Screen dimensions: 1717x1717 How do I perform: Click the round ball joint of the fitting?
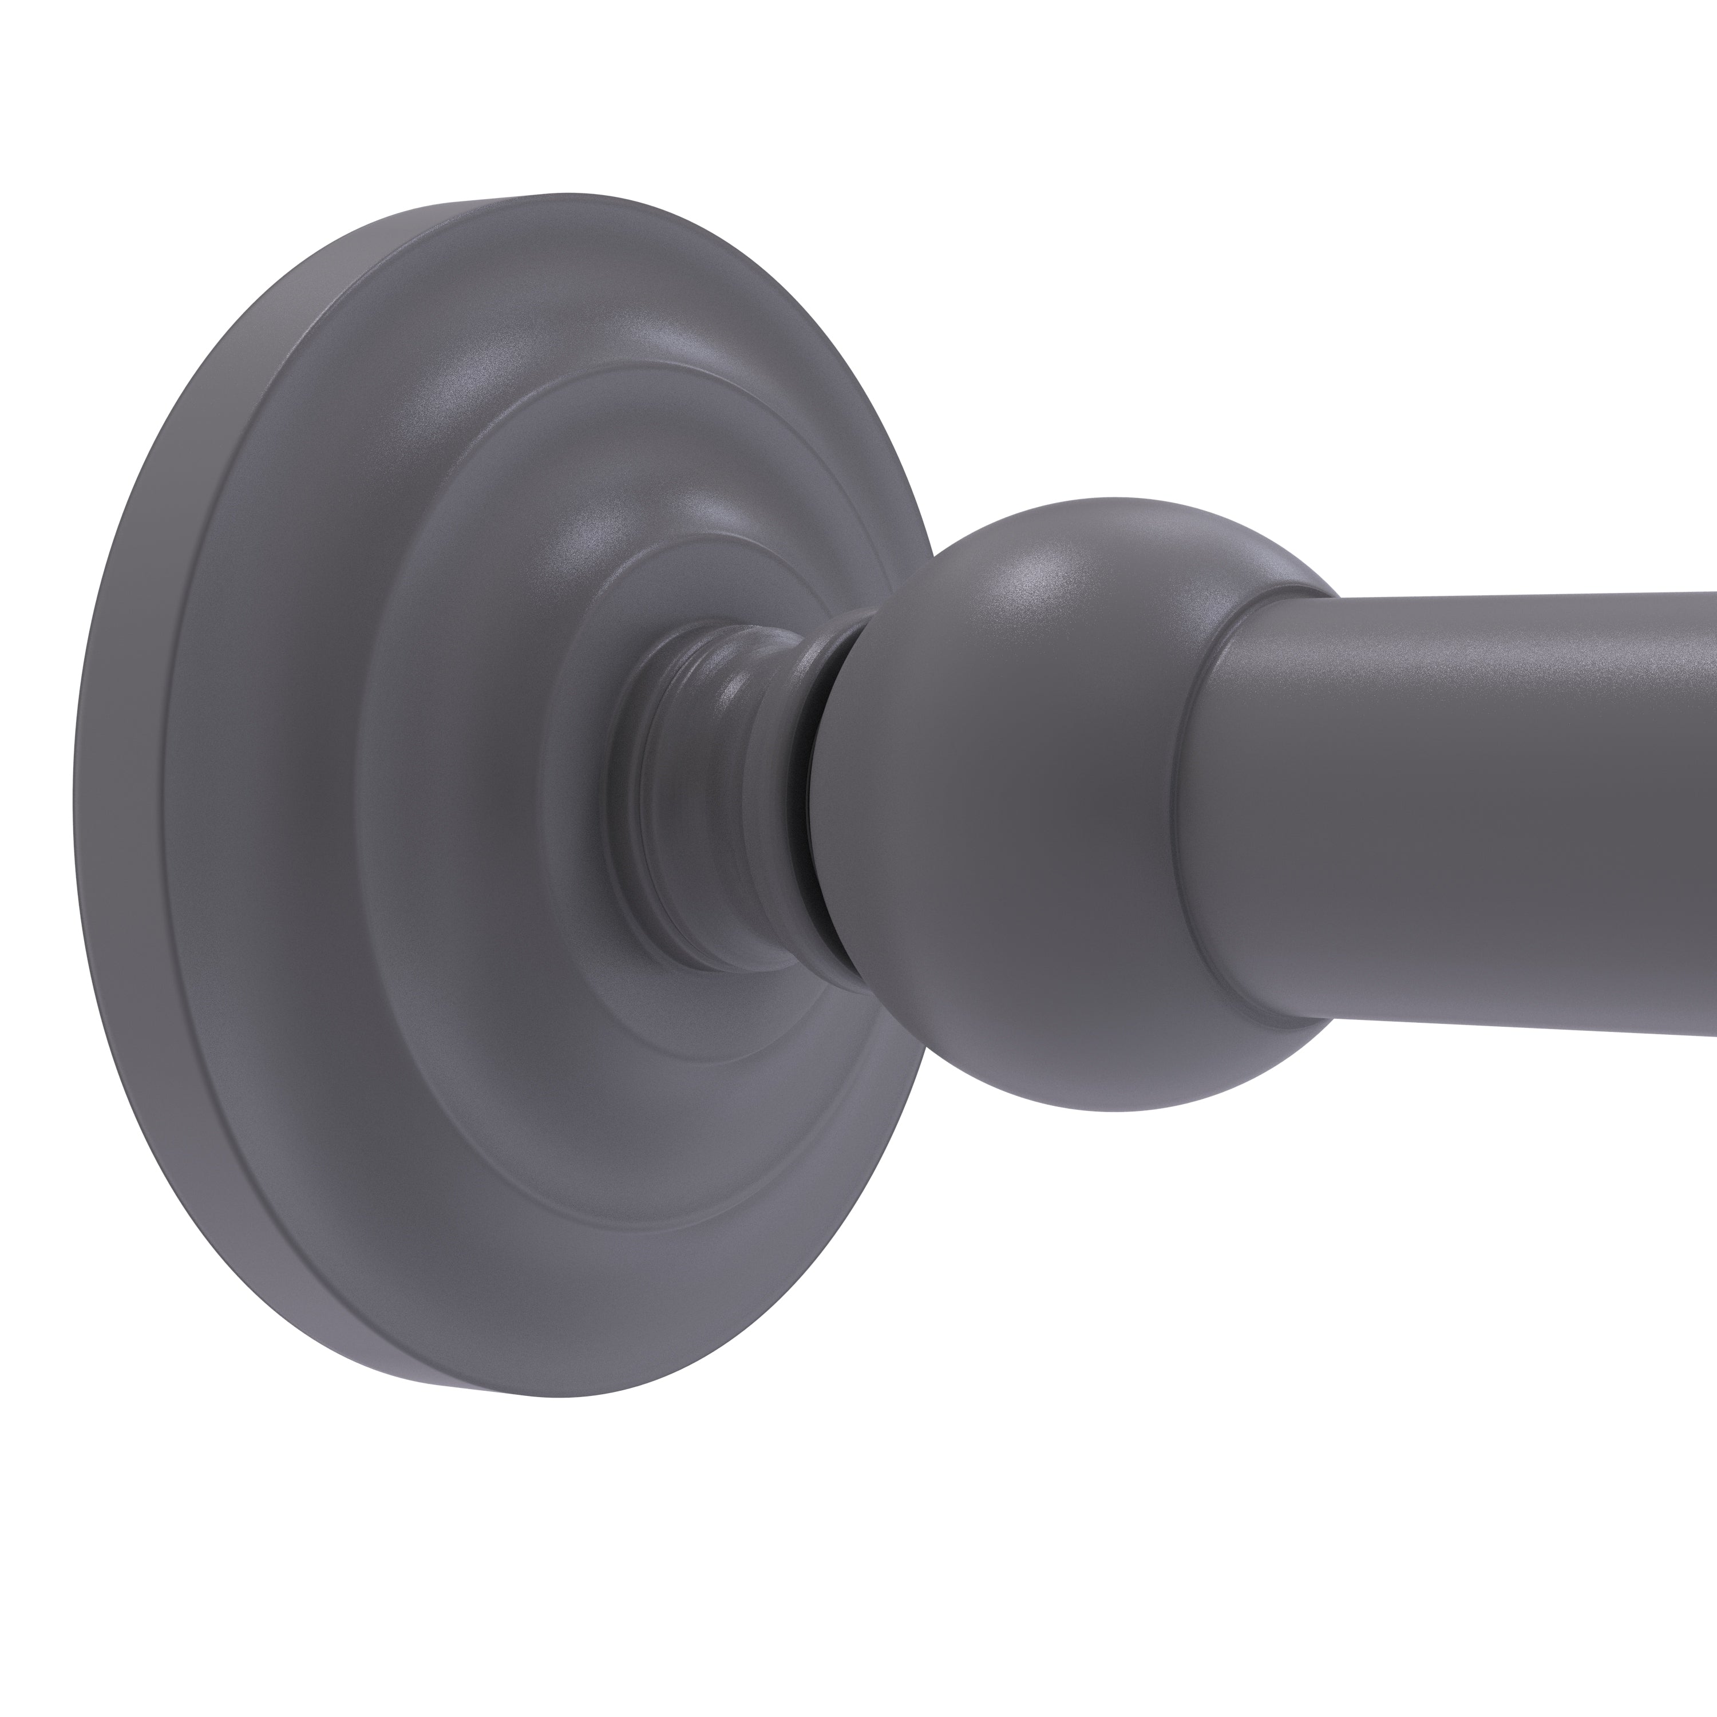1022,800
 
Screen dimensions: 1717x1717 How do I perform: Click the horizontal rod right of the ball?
1466,800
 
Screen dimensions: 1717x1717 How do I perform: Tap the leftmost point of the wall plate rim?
74,800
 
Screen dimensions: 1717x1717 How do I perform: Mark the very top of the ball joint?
1111,499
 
